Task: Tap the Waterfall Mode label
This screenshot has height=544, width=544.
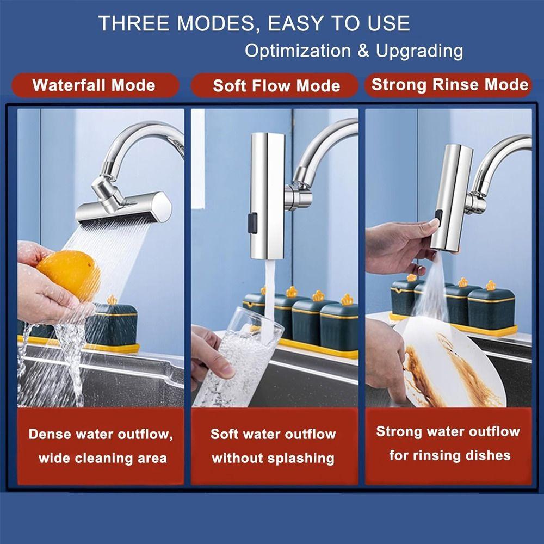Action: tap(94, 85)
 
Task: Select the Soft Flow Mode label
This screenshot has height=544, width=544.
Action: tap(276, 86)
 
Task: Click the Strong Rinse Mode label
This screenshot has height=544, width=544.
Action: tap(449, 85)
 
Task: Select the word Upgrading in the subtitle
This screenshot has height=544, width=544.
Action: tap(419, 51)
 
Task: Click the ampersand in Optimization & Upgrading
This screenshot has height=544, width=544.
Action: tap(363, 51)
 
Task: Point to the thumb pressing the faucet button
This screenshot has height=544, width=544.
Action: tap(434, 224)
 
